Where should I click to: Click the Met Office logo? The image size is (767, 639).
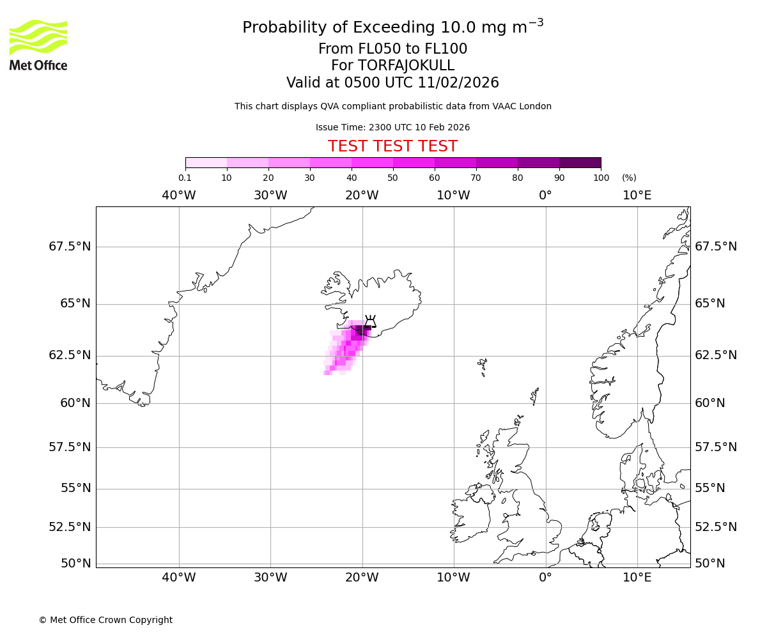coord(38,45)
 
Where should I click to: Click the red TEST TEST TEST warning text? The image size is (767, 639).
coord(392,146)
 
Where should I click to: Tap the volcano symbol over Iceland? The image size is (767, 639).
coord(370,321)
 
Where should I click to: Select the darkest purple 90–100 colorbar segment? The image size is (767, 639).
coord(580,163)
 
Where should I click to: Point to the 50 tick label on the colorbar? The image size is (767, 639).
coord(392,178)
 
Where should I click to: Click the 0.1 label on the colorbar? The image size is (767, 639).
coord(185,178)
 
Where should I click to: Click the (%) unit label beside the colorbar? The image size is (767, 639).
coord(629,178)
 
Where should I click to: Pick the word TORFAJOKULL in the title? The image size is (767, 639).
coord(406,66)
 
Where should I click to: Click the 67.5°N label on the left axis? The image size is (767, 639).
coord(70,247)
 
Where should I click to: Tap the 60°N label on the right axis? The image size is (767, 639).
coord(710,403)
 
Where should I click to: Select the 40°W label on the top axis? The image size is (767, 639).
coord(179,196)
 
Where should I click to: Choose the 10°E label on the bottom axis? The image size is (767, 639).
coord(637,578)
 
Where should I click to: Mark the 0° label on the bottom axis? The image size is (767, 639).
coord(545,578)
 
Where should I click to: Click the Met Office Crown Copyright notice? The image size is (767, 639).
coord(105,620)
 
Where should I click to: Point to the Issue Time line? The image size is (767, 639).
coord(392,128)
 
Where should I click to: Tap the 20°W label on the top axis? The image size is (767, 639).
coord(362,196)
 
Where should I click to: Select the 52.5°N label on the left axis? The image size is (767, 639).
coord(70,527)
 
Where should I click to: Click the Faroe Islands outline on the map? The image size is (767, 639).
coord(483,367)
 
